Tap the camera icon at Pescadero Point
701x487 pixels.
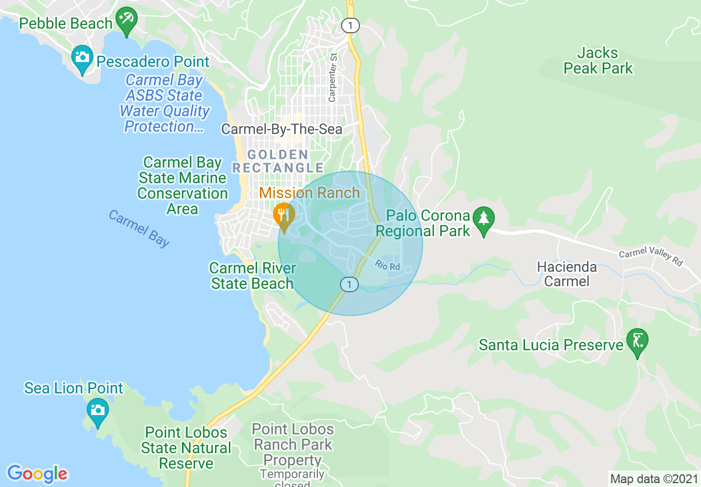tap(82, 58)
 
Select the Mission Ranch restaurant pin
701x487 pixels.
tap(284, 215)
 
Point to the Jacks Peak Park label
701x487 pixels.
tap(598, 61)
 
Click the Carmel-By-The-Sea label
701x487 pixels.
tap(281, 129)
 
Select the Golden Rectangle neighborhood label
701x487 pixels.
tap(278, 161)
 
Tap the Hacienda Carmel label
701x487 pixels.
tap(567, 274)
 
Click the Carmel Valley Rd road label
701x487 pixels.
tap(651, 258)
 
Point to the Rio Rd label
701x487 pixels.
tap(387, 266)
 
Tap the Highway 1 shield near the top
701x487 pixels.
tap(349, 25)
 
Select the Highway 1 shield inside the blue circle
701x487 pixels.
tap(349, 284)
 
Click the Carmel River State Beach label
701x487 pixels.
tap(252, 276)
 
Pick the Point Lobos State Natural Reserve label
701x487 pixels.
tap(186, 448)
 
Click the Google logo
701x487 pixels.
tap(37, 474)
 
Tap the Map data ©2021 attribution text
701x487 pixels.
tap(653, 479)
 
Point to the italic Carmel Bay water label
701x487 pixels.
tap(139, 228)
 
